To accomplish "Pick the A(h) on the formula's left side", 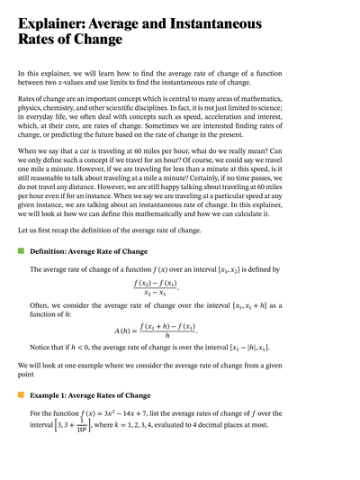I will [x=124, y=331].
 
